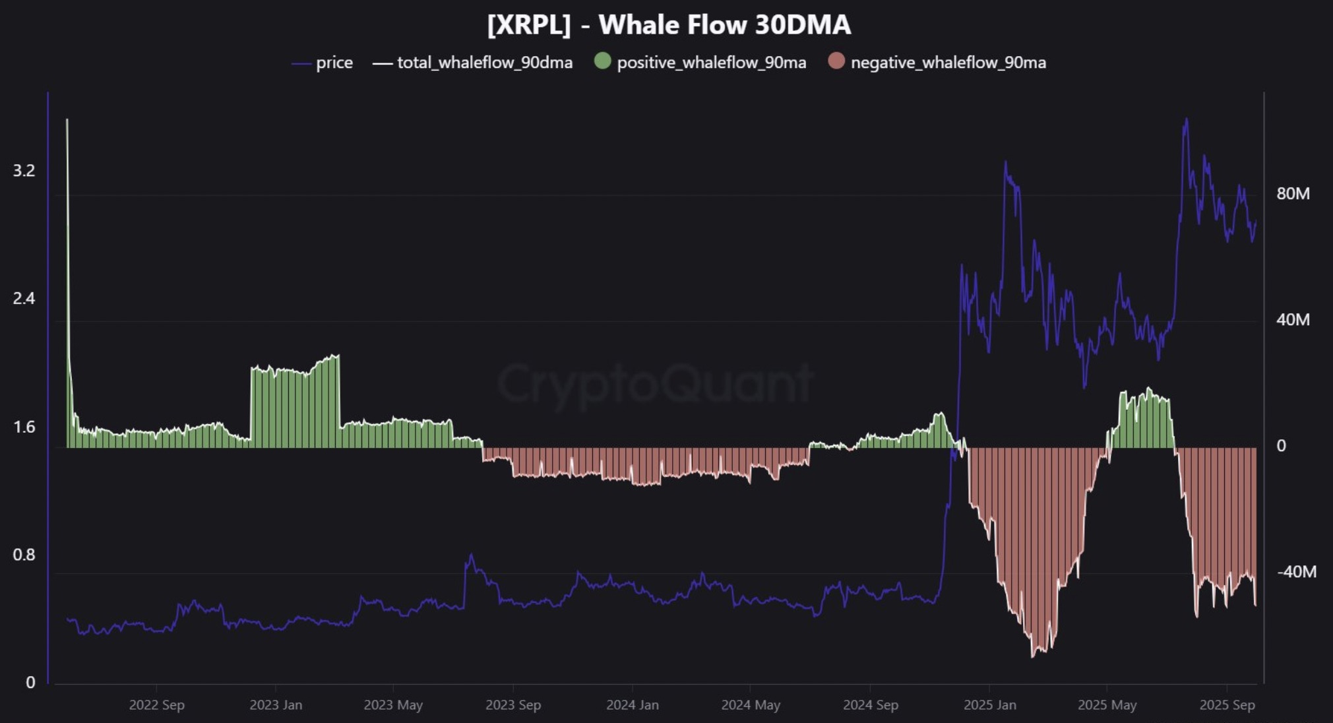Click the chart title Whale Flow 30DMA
(669, 25)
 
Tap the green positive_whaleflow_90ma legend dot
(602, 61)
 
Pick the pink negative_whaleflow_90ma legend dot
(836, 61)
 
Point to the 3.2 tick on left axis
(24, 171)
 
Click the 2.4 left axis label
(24, 299)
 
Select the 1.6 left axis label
(24, 427)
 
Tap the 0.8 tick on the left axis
(24, 555)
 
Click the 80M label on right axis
(1293, 194)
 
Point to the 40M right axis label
(1293, 320)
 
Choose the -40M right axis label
(1296, 572)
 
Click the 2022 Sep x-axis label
(156, 705)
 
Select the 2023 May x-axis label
(393, 705)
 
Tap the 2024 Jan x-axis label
(632, 705)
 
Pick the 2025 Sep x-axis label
(1227, 705)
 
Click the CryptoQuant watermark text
(654, 383)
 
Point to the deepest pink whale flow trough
(1033, 654)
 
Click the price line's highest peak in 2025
(1187, 120)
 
